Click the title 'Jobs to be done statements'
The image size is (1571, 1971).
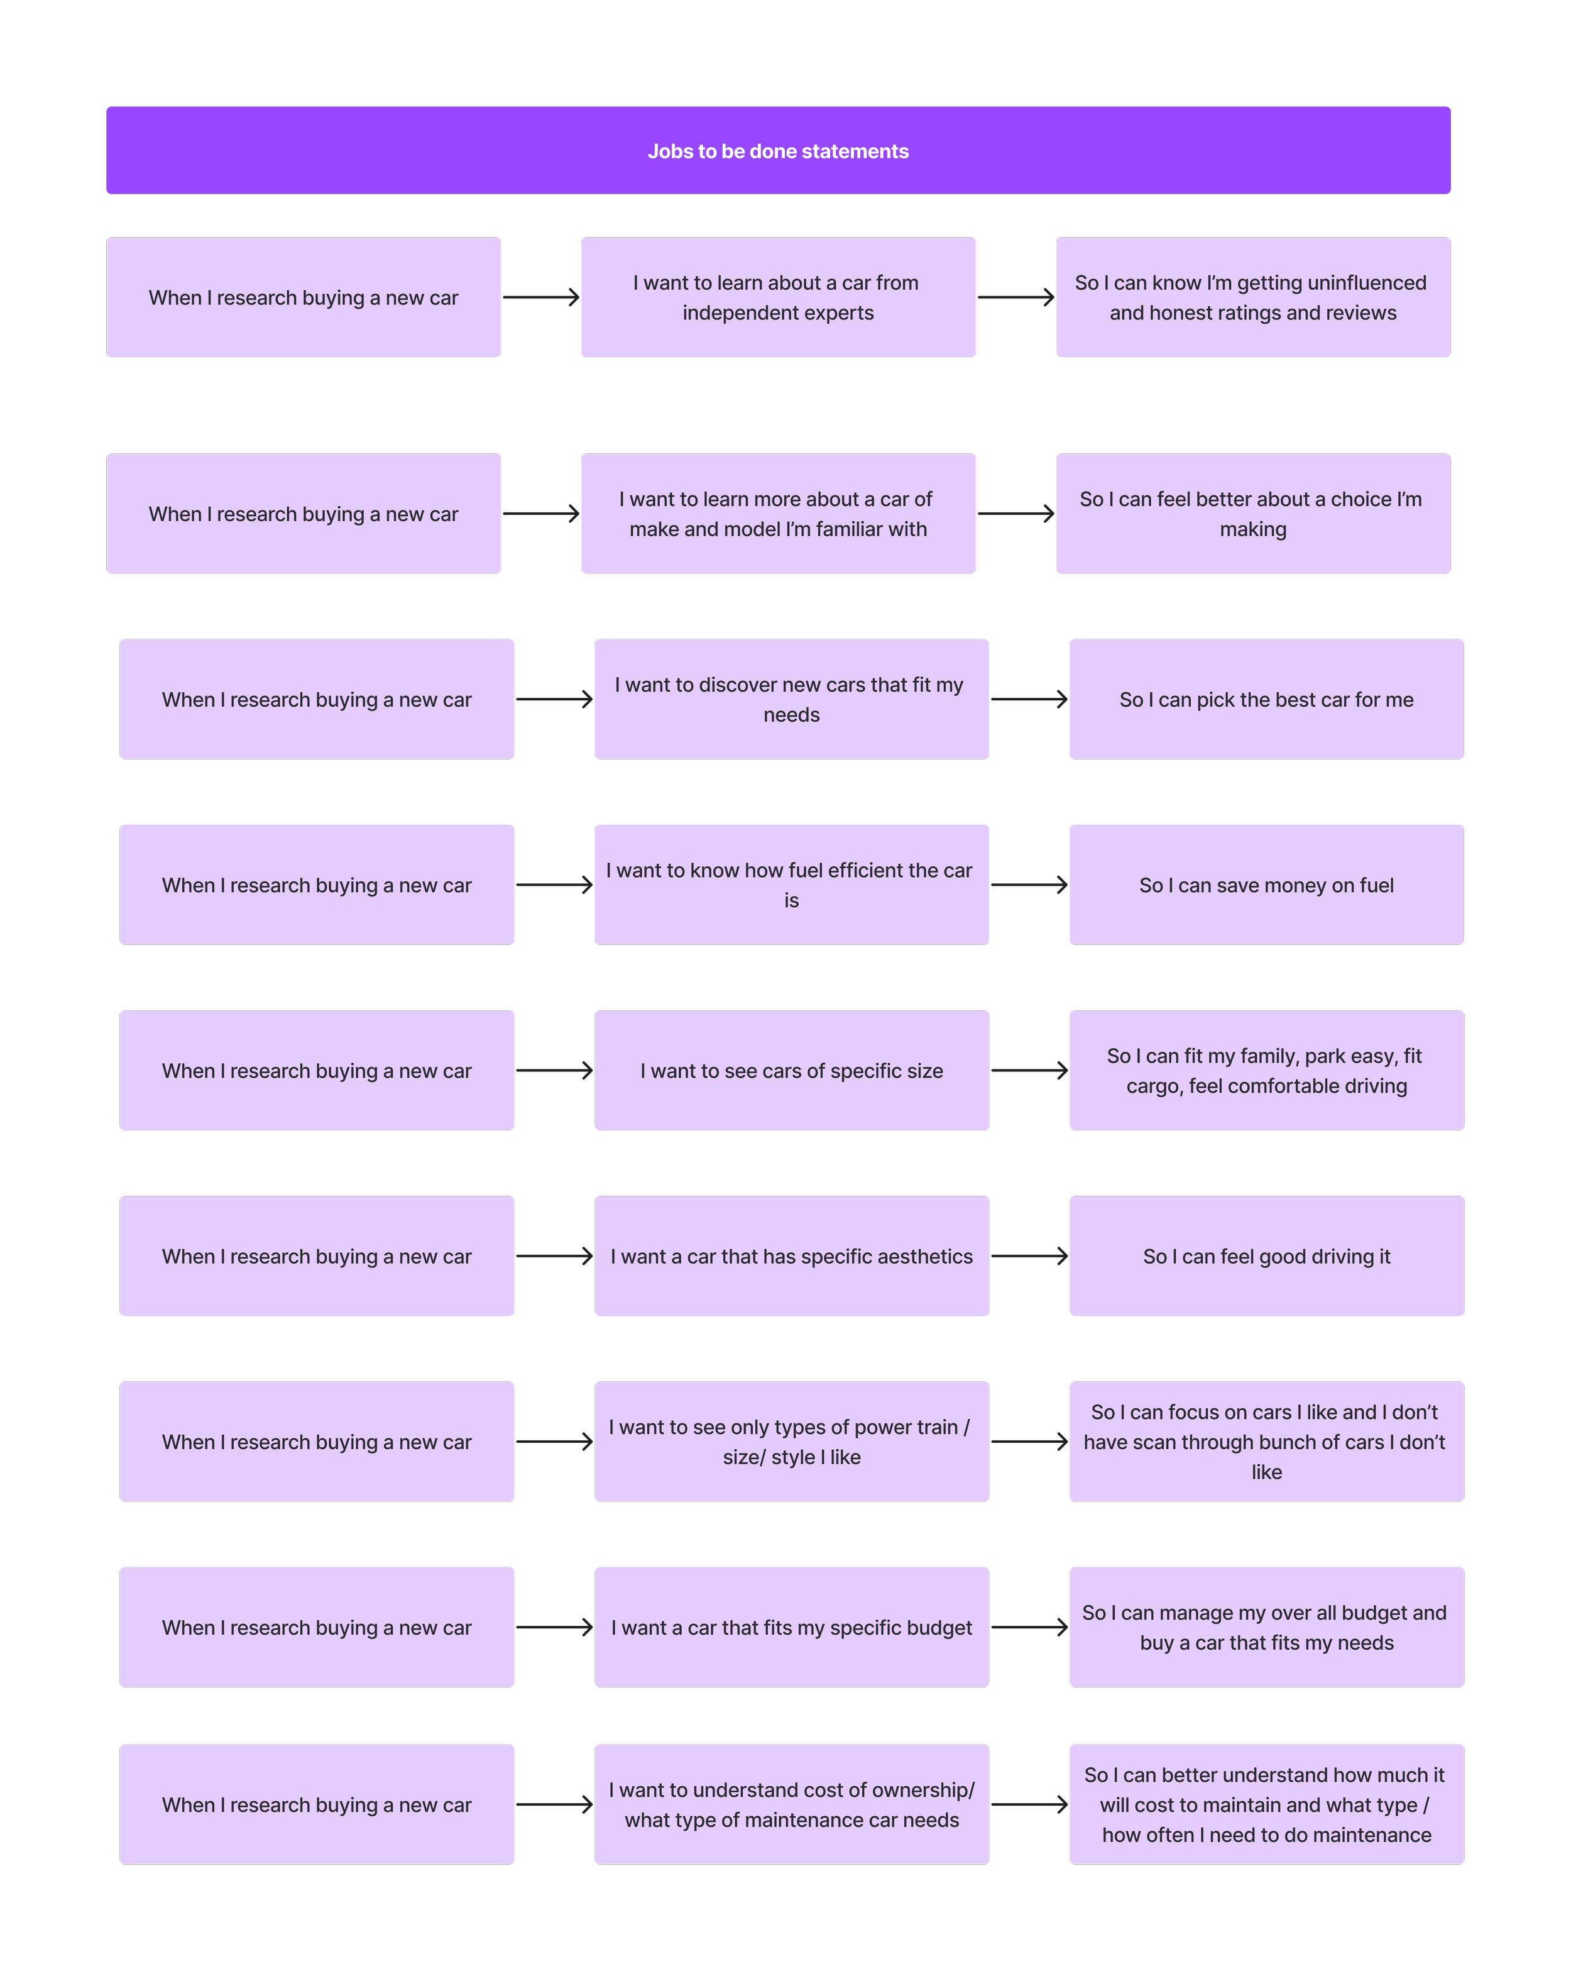pyautogui.click(x=778, y=151)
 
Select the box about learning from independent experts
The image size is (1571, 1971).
pyautogui.click(x=778, y=297)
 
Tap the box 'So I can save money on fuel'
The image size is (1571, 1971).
pyautogui.click(x=1266, y=885)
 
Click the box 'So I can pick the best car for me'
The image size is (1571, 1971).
pyautogui.click(x=1266, y=699)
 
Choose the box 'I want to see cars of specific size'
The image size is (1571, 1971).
pyautogui.click(x=791, y=1071)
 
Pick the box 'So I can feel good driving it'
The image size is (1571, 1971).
pyautogui.click(x=1266, y=1256)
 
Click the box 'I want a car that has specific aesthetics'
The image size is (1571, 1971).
pyautogui.click(x=791, y=1256)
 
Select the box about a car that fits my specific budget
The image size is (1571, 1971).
pyautogui.click(x=791, y=1627)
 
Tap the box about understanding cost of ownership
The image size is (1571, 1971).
pyautogui.click(x=791, y=1804)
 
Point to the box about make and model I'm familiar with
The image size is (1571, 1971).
pyautogui.click(x=778, y=514)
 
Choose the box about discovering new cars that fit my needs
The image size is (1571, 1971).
pyautogui.click(x=791, y=699)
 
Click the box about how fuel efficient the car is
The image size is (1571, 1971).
pyautogui.click(x=791, y=885)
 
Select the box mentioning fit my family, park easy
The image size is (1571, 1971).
pyautogui.click(x=1266, y=1071)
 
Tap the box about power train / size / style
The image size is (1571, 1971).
pyautogui.click(x=791, y=1442)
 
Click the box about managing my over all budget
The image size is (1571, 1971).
pyautogui.click(x=1266, y=1627)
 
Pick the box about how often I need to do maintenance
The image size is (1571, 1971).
pyautogui.click(x=1266, y=1804)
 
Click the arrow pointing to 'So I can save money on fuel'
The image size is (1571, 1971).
pyautogui.click(x=1029, y=885)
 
